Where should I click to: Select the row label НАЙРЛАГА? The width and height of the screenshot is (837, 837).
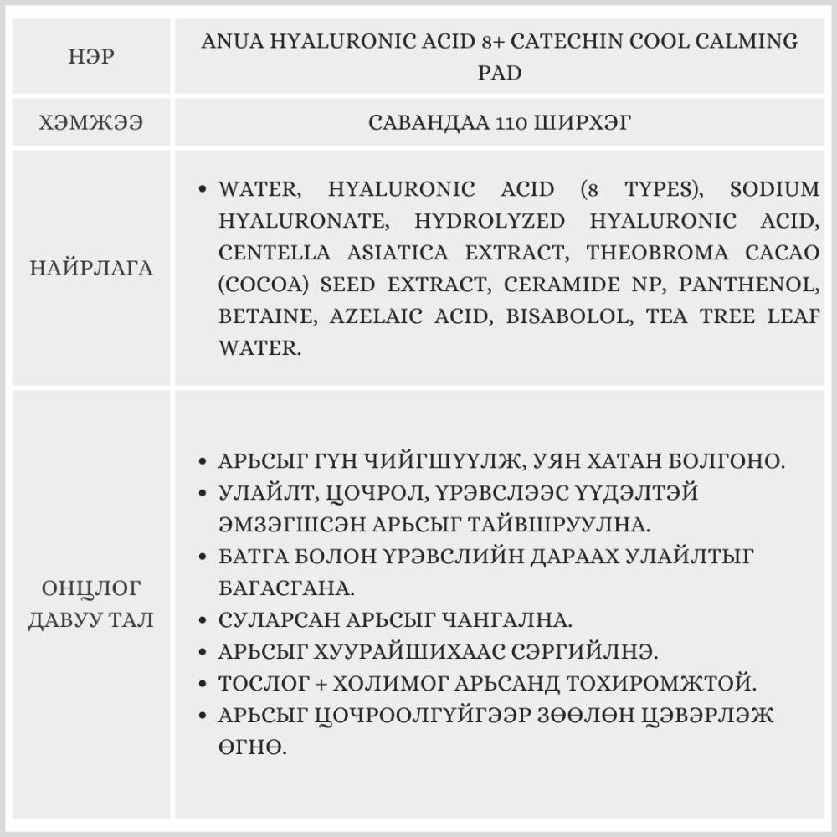91,270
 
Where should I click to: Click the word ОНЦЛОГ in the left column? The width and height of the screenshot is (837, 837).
91,588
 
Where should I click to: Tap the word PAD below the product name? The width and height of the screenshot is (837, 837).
500,73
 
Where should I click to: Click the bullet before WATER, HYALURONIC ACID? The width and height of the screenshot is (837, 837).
203,190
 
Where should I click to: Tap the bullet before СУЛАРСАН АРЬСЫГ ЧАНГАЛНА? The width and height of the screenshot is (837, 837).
203,621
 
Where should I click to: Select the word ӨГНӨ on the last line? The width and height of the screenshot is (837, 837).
252,746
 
